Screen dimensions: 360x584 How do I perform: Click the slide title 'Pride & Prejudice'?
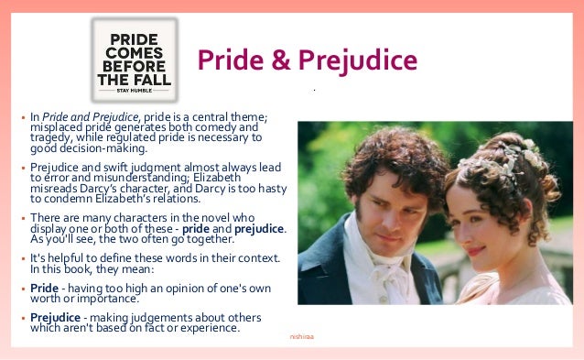(308, 60)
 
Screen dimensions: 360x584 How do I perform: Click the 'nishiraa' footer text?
(301, 337)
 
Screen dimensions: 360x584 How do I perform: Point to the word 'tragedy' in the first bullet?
(54, 137)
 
